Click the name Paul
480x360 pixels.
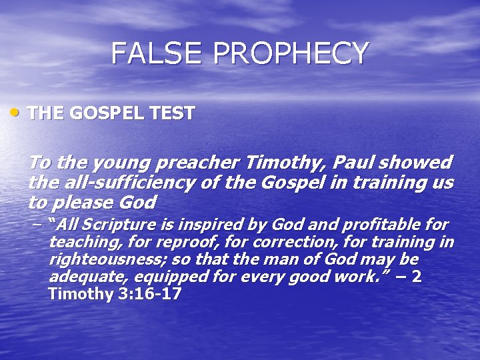[x=347, y=162]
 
